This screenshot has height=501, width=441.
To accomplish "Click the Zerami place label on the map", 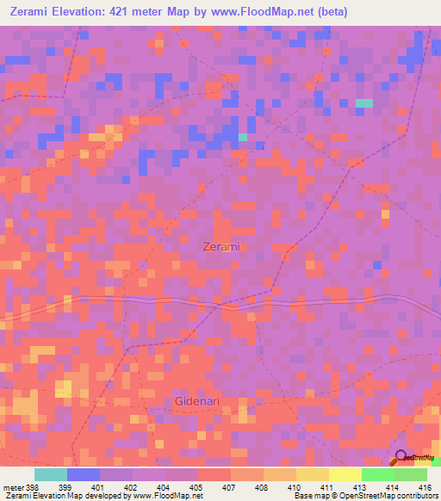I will (x=221, y=246).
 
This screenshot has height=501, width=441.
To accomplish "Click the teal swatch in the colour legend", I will (x=51, y=474).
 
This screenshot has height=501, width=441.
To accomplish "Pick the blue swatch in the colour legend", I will (x=84, y=474).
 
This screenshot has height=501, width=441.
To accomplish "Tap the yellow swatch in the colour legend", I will (x=345, y=474).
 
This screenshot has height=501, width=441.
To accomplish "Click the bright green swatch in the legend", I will (x=377, y=474).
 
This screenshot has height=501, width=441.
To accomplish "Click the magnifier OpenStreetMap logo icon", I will (x=401, y=459).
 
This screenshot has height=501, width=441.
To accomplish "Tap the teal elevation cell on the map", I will (x=364, y=103).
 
